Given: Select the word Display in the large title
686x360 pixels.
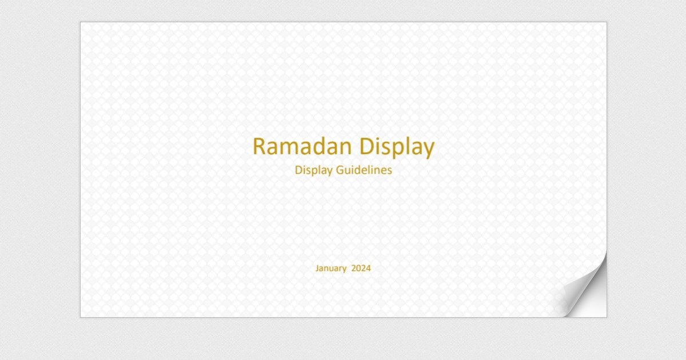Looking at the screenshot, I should tap(397, 147).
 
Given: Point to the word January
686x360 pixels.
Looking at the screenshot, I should tap(331, 268).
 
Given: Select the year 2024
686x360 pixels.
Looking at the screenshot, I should tap(361, 268).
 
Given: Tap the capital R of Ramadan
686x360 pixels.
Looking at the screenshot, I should tap(260, 147).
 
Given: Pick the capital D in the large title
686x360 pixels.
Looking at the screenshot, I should tap(366, 147).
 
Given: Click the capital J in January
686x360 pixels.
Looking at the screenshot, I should tap(317, 268).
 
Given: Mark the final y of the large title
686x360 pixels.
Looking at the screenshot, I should tap(429, 150).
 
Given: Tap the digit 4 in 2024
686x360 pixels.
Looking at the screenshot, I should tap(368, 268).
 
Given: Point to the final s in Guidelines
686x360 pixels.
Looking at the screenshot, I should tap(389, 170).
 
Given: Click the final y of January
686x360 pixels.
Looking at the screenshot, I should tap(344, 269).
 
